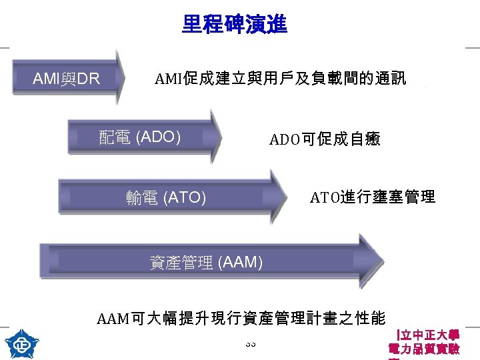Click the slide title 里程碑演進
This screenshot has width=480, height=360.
pyautogui.click(x=234, y=25)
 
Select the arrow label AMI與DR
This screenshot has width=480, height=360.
pyautogui.click(x=66, y=79)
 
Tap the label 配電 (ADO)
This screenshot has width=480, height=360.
pyautogui.click(x=140, y=137)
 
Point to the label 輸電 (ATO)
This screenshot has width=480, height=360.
pyautogui.click(x=166, y=197)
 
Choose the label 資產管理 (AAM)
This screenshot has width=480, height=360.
pyautogui.click(x=206, y=263)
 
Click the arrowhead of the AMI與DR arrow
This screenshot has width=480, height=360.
pyautogui.click(x=120, y=77)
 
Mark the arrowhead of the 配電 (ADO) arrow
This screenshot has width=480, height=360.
pyautogui.click(x=215, y=137)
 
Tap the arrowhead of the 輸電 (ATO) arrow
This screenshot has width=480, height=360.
pyautogui.click(x=280, y=197)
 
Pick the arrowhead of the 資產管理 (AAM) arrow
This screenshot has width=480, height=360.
pyautogui.click(x=370, y=261)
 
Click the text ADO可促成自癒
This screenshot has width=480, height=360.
pyautogui.click(x=325, y=139)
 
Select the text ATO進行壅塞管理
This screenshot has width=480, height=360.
pyautogui.click(x=373, y=197)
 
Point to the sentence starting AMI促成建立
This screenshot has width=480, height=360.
pyautogui.click(x=280, y=79)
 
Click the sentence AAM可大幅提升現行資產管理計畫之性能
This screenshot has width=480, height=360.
pyautogui.click(x=241, y=318)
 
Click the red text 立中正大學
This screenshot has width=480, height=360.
pyautogui.click(x=427, y=335)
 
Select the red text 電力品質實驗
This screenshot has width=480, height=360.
pyautogui.click(x=423, y=349)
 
